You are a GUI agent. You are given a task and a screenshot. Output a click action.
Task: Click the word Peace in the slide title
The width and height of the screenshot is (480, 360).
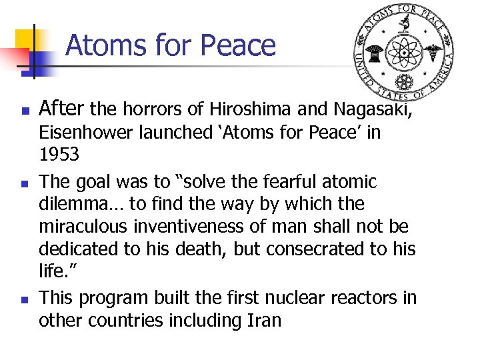tap(238, 45)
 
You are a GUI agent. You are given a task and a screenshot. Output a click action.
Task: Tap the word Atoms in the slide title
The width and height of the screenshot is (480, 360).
tap(104, 45)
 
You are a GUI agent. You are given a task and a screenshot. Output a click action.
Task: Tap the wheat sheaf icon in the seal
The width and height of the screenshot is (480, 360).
tap(373, 52)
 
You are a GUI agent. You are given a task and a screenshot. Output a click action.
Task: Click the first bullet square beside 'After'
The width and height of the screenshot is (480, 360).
tap(23, 110)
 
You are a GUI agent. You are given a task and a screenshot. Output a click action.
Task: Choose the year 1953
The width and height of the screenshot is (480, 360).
tap(59, 155)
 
